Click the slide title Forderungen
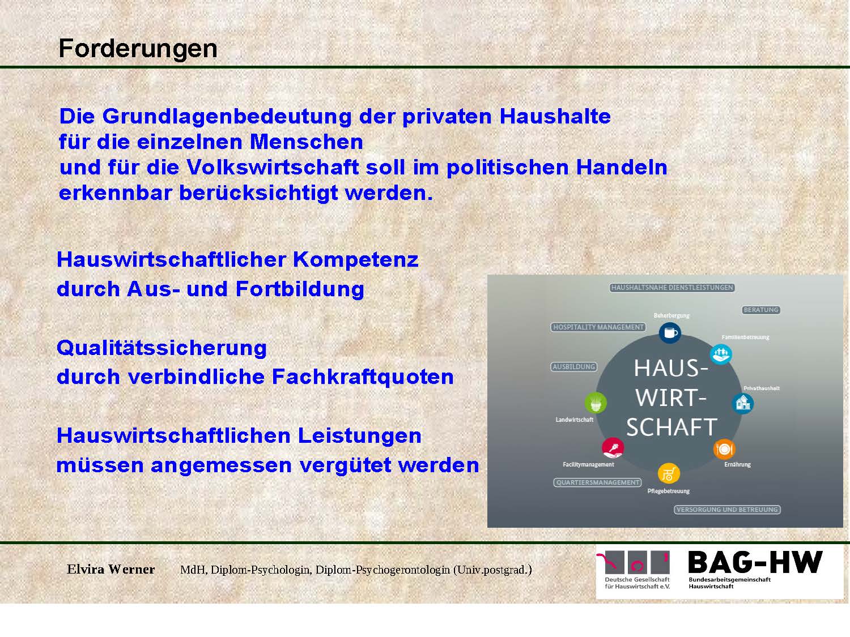click(138, 49)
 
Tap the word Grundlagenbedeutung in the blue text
click(227, 117)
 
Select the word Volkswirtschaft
click(273, 167)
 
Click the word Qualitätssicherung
click(162, 348)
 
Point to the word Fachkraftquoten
click(363, 377)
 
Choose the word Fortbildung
click(300, 289)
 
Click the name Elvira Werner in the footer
click(110, 569)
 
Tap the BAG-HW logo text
click(755, 562)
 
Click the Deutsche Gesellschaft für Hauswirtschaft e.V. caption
click(637, 583)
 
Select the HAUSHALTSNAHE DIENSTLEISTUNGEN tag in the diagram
click(672, 288)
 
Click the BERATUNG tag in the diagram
click(761, 310)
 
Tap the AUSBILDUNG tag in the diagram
click(574, 367)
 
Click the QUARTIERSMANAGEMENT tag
click(597, 482)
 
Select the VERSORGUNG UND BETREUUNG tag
click(727, 510)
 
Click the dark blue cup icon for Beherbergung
click(670, 332)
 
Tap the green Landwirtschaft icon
click(596, 403)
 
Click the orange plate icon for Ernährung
click(724, 449)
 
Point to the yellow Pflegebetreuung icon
click(669, 473)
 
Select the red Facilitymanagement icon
click(613, 448)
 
